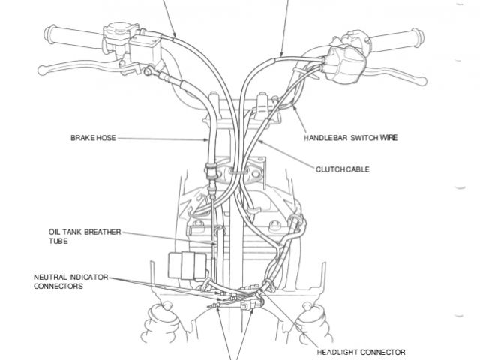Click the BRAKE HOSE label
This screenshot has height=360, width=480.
click(x=93, y=139)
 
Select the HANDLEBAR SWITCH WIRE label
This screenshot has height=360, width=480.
click(x=351, y=139)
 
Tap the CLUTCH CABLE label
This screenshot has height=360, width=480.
click(x=342, y=170)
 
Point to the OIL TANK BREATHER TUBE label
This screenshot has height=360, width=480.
click(x=76, y=237)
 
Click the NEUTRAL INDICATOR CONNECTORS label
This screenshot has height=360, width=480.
click(x=70, y=281)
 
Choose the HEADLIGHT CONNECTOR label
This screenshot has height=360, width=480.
click(x=361, y=351)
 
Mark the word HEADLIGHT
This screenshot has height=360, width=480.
click(x=339, y=351)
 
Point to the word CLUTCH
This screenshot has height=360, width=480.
click(x=329, y=170)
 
